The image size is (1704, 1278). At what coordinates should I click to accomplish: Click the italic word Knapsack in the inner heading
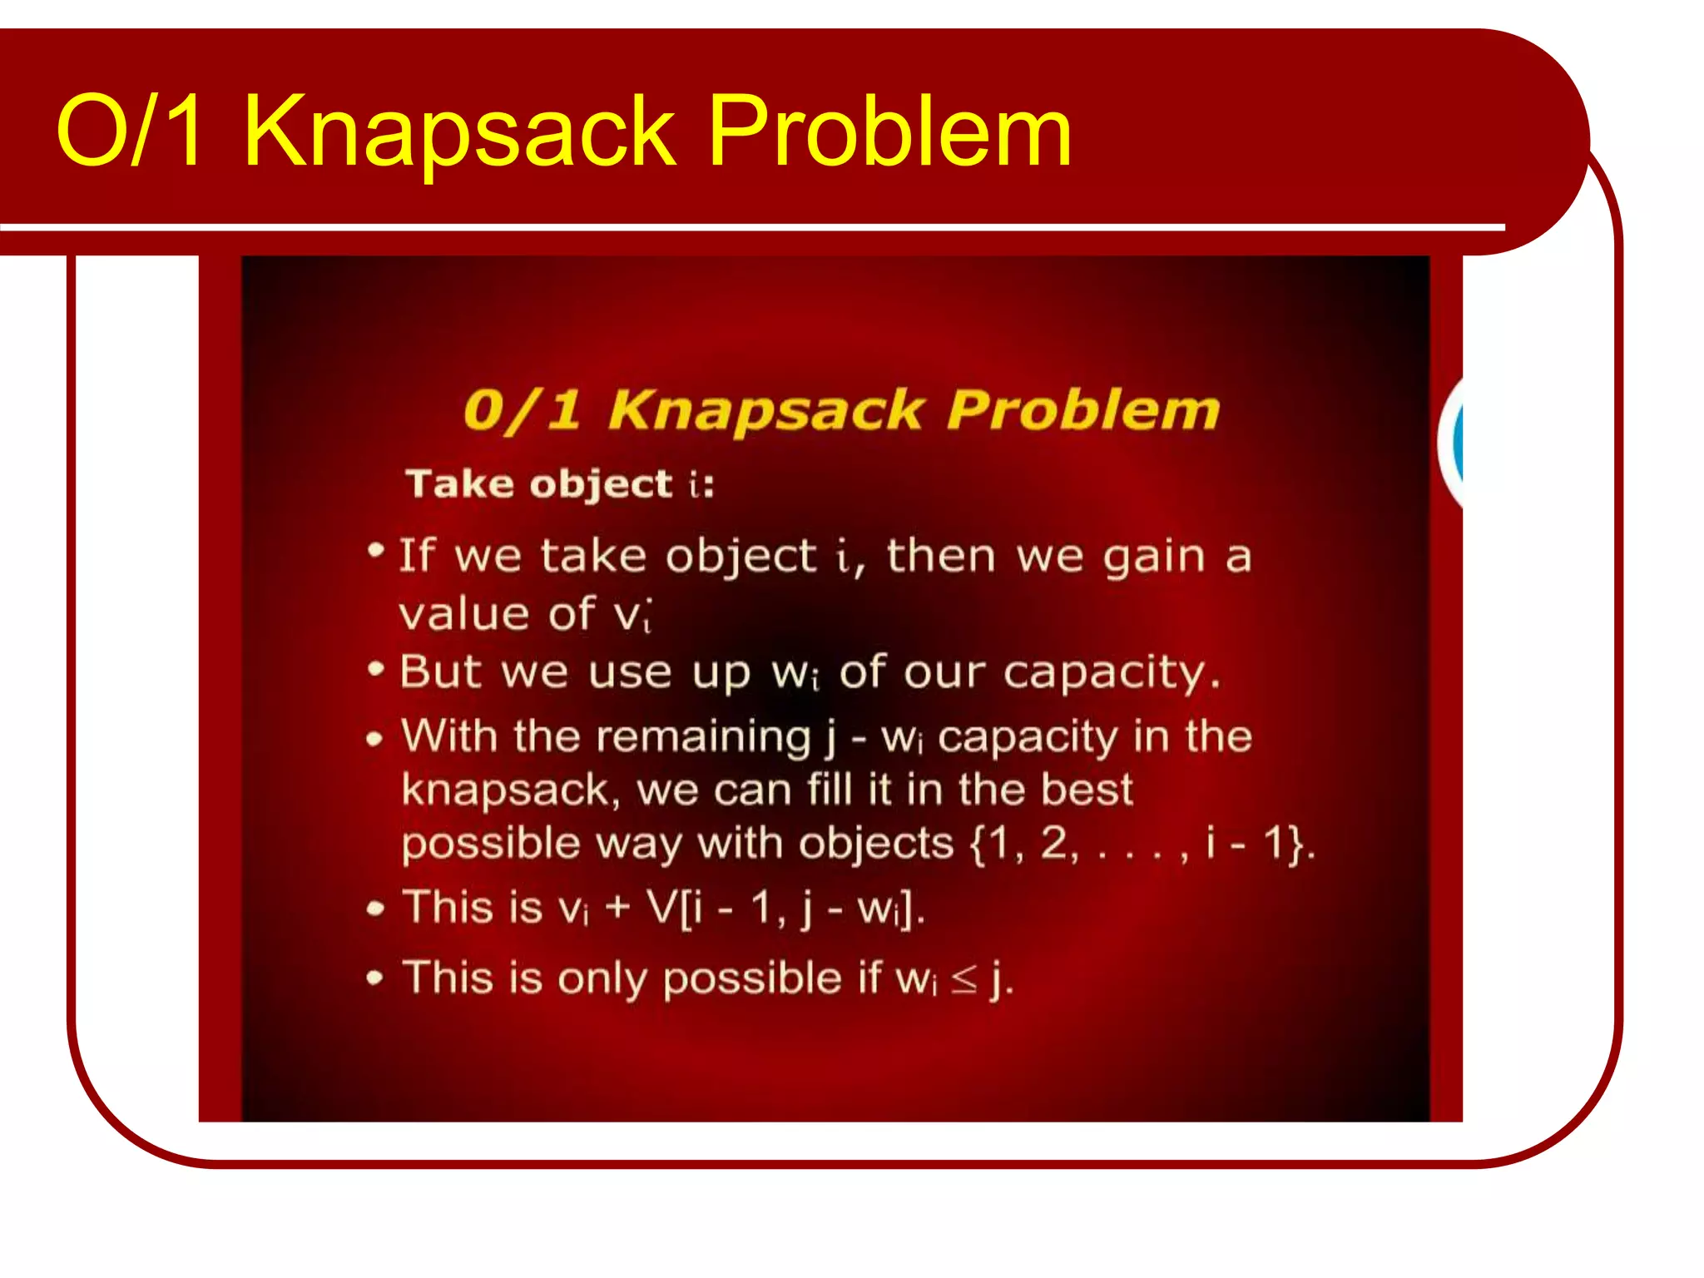pos(765,410)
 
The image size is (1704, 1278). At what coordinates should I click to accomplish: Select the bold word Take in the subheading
pos(459,483)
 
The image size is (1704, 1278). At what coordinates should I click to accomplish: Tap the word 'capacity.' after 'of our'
pos(1111,672)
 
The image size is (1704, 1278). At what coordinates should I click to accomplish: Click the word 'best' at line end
pos(1087,789)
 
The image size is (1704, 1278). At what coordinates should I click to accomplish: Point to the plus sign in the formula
pos(617,907)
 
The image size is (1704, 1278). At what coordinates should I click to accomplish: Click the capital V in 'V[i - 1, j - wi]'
pos(662,907)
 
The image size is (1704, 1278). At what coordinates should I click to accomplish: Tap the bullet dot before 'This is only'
pos(375,978)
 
